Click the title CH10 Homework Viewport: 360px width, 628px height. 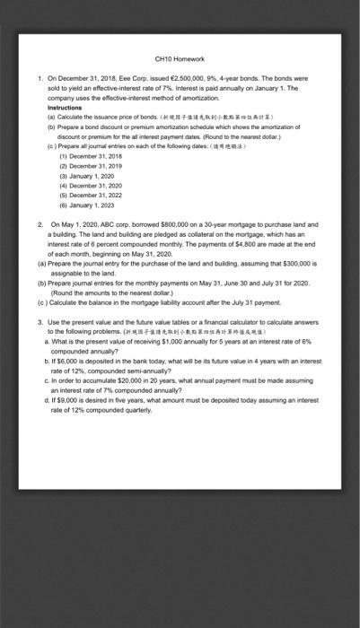click(x=180, y=58)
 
